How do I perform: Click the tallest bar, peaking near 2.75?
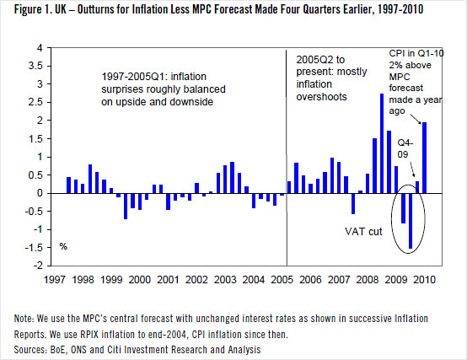[382, 143]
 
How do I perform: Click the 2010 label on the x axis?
[427, 279]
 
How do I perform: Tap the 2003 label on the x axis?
[225, 279]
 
